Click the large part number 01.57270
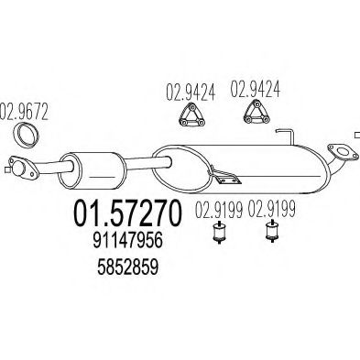[x=127, y=213]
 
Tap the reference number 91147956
[x=127, y=241]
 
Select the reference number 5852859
[x=128, y=267]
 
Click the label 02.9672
[x=24, y=112]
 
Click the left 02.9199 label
[x=219, y=210]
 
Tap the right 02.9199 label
[x=271, y=209]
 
